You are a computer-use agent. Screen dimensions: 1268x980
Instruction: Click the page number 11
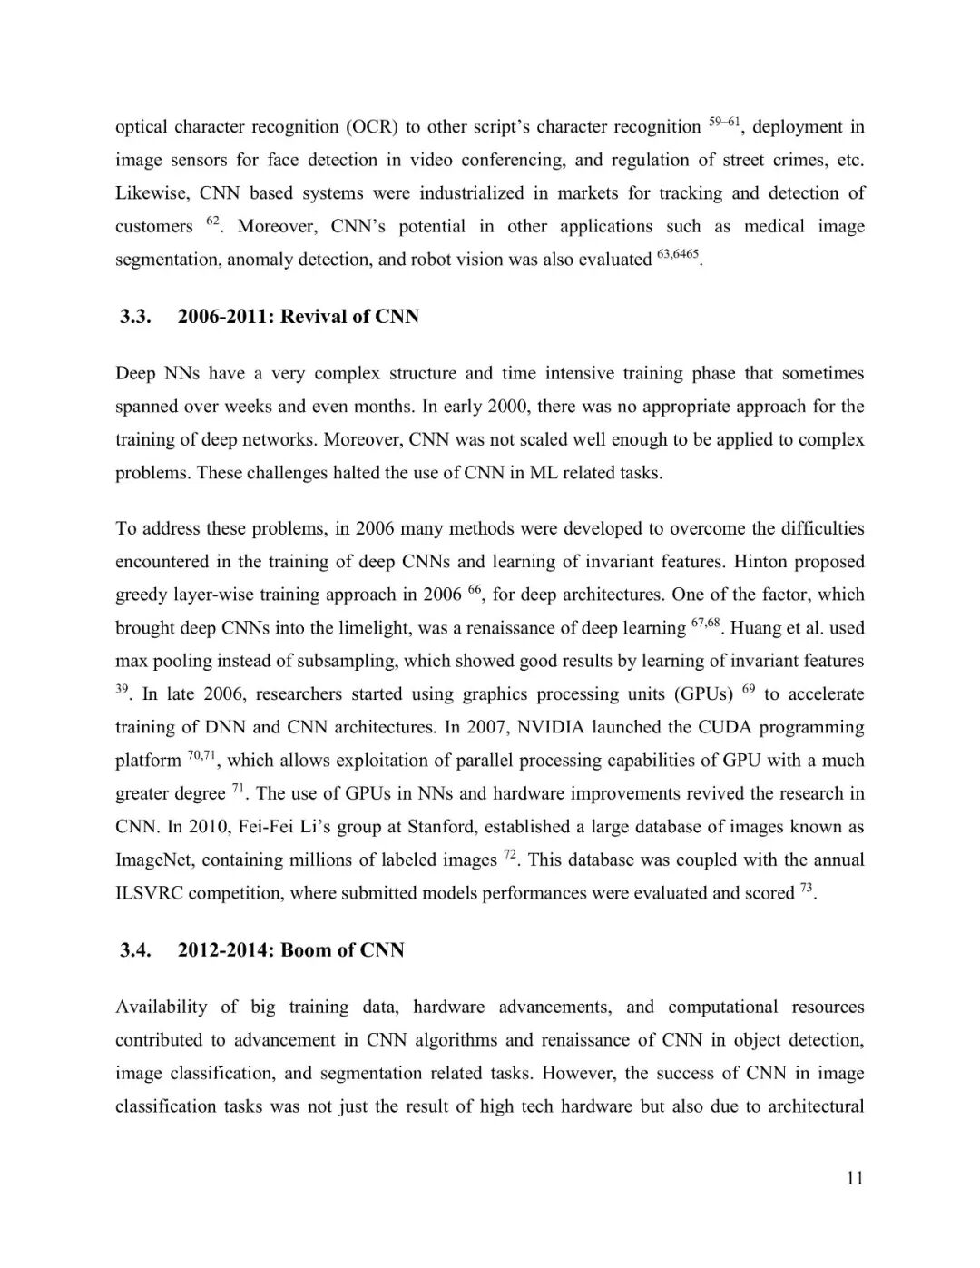pyautogui.click(x=854, y=1178)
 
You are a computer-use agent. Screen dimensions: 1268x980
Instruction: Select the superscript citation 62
pyautogui.click(x=213, y=221)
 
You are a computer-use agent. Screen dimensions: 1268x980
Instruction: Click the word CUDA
pyautogui.click(x=725, y=728)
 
